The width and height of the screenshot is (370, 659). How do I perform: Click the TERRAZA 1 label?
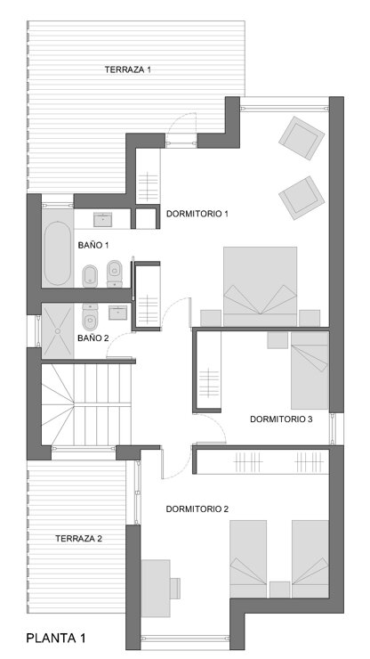pyautogui.click(x=128, y=69)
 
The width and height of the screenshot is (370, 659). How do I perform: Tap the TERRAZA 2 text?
pyautogui.click(x=78, y=539)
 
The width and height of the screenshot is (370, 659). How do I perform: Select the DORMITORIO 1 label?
pyautogui.click(x=197, y=214)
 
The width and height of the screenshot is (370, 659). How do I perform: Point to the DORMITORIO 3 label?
pyautogui.click(x=281, y=419)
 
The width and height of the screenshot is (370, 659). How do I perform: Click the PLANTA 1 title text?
pyautogui.click(x=56, y=638)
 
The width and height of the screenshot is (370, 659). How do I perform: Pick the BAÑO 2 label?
pyautogui.click(x=93, y=338)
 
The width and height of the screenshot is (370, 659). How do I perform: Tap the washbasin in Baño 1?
pyautogui.click(x=102, y=220)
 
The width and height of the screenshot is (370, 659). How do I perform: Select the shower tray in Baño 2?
pyautogui.click(x=58, y=331)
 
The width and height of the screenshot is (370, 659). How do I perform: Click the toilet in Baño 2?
pyautogui.click(x=90, y=318)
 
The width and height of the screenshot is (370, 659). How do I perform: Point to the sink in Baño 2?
pyautogui.click(x=118, y=313)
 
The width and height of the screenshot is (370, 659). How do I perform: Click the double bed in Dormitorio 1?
pyautogui.click(x=260, y=286)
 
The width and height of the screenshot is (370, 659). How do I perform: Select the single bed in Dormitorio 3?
pyautogui.click(x=310, y=370)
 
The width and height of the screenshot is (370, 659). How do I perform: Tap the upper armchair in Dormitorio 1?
pyautogui.click(x=302, y=138)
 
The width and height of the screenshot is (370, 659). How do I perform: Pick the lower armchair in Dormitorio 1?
pyautogui.click(x=302, y=198)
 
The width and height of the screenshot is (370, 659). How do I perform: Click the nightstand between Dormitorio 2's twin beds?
pyautogui.click(x=279, y=590)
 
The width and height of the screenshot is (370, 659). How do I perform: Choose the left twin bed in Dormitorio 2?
pyautogui.click(x=248, y=559)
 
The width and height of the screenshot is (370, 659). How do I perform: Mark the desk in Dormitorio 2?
pyautogui.click(x=156, y=588)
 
